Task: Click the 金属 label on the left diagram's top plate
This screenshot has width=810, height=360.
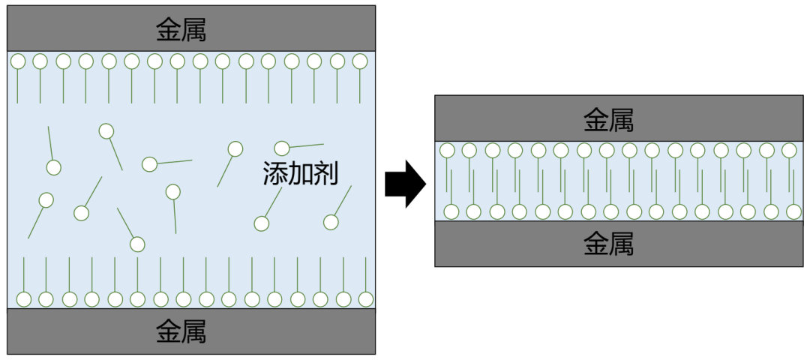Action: pos(181,30)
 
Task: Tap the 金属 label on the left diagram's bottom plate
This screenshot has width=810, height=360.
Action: pos(181,331)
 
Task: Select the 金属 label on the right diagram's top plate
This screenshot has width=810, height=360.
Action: pos(609,119)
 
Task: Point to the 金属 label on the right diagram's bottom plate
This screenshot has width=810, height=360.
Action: pos(609,244)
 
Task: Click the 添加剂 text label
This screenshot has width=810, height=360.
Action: pos(300,173)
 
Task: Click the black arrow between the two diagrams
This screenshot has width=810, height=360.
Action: pos(405,184)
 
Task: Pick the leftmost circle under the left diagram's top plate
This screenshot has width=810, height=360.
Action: pos(17,61)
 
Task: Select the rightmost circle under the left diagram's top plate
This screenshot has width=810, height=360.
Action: pos(360,61)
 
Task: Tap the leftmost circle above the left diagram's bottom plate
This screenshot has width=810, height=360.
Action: pos(23,299)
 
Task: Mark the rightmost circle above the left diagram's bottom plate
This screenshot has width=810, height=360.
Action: pos(366,299)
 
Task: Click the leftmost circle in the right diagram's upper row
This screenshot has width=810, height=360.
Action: pos(447,150)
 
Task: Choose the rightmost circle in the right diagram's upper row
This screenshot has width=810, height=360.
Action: pos(789,150)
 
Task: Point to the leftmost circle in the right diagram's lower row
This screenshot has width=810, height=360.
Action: pos(451,211)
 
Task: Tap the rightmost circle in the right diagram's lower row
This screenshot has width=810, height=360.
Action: pos(793,211)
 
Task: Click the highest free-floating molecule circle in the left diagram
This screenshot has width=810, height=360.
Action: pos(106,131)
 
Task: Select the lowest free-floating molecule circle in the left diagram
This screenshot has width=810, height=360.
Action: pos(137,244)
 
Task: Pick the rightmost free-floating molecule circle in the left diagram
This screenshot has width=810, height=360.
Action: pos(331,222)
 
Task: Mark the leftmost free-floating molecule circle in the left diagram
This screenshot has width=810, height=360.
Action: pos(46,200)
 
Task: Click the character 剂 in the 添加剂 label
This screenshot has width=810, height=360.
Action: pos(326,173)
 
